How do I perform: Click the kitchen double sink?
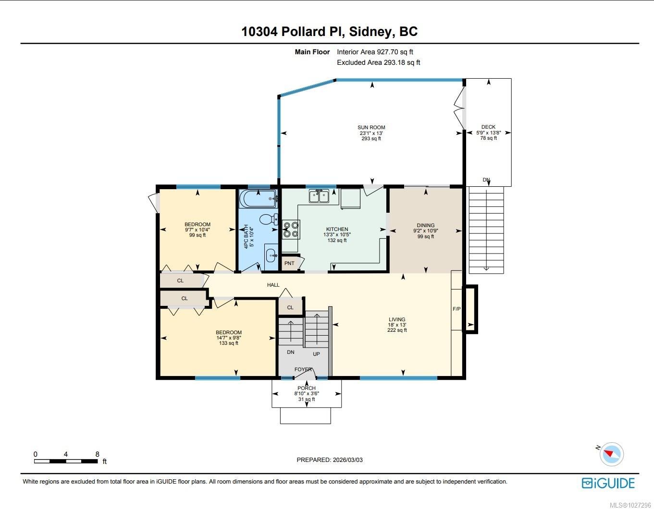point(319,196)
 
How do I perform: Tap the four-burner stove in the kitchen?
point(291,230)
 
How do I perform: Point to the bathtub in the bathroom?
point(259,198)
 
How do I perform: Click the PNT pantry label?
point(289,263)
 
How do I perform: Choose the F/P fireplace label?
point(457,309)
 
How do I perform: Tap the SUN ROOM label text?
point(371,127)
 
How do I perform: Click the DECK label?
point(488,127)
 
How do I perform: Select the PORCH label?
point(307,388)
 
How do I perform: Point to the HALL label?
point(273,285)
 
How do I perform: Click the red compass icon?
point(611,454)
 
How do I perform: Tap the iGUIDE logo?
point(608,483)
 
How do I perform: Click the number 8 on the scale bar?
point(97,454)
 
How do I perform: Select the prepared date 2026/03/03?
point(347,460)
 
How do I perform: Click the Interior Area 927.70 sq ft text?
point(375,52)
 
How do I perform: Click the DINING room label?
point(426,225)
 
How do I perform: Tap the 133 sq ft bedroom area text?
point(229,343)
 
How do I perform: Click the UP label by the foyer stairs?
point(316,354)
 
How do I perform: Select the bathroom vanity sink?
point(271,256)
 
